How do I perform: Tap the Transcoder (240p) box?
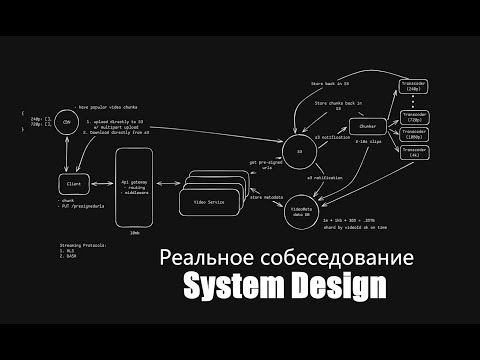416,85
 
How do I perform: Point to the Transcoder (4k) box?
416,152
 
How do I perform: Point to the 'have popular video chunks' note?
113,105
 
